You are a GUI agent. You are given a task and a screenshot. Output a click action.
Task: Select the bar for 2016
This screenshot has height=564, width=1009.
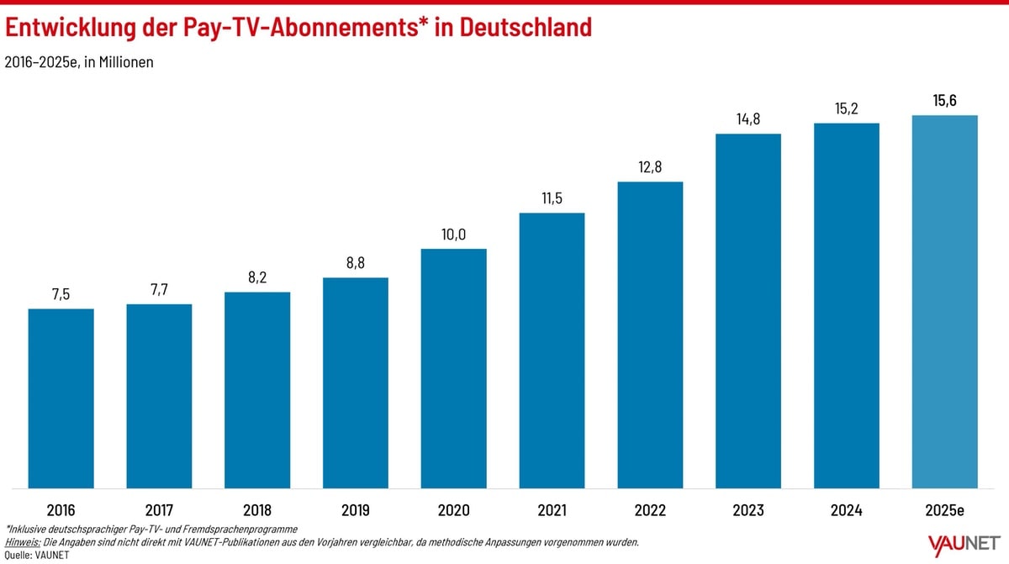[x=61, y=398]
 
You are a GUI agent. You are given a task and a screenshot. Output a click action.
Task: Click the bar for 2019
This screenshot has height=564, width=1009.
[x=356, y=382]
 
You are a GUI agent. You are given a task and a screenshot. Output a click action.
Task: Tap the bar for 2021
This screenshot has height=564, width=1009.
[x=552, y=350]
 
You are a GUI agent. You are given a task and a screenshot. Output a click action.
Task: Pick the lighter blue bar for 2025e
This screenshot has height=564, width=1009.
[x=945, y=301]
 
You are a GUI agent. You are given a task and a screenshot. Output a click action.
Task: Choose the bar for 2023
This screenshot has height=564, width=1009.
[x=748, y=310]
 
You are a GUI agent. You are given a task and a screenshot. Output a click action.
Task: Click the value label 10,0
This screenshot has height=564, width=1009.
[x=453, y=235]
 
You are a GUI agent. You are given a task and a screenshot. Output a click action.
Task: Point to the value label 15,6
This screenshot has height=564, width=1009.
[x=945, y=101]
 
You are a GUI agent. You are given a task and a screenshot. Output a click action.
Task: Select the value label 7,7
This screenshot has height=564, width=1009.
[x=159, y=290]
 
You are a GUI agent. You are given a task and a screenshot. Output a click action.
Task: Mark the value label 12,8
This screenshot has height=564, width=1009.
[x=650, y=167]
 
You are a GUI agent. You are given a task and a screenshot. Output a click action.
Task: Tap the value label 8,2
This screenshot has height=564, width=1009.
[x=257, y=278]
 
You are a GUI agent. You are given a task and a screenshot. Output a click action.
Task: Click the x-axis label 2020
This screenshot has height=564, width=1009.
[x=453, y=510]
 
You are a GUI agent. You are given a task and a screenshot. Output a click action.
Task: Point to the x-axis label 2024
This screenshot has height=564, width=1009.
[x=847, y=510]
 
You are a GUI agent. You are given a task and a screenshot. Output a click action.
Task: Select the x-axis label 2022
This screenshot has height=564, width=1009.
[x=650, y=510]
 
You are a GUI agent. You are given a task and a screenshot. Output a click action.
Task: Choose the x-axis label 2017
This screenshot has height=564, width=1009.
[x=159, y=510]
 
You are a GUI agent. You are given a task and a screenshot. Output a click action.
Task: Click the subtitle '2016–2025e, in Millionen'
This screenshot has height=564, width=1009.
[x=79, y=62]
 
